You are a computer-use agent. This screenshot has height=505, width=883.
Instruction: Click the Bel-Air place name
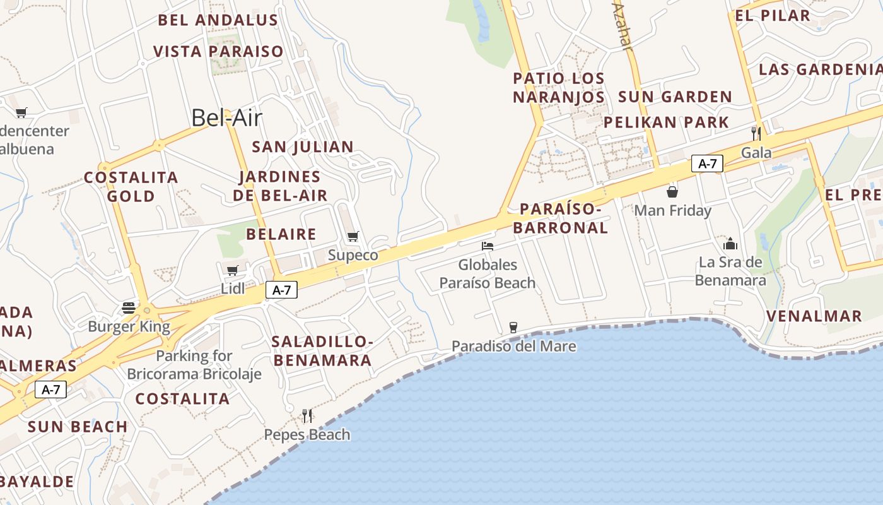click(226, 118)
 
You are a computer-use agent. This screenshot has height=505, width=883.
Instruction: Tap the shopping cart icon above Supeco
click(353, 237)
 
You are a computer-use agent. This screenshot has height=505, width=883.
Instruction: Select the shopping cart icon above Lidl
click(232, 271)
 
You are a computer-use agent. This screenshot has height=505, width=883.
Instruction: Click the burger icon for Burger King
click(129, 308)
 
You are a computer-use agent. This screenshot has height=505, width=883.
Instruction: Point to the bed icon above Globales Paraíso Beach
click(487, 246)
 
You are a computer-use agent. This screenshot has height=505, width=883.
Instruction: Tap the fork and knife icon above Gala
click(756, 133)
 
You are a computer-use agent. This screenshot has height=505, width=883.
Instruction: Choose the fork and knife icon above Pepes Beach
click(307, 415)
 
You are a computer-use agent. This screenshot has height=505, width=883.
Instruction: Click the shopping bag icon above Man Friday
click(672, 191)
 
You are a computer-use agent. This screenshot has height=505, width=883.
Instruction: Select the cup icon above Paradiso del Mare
click(513, 327)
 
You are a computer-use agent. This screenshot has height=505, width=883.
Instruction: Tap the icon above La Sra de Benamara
click(730, 243)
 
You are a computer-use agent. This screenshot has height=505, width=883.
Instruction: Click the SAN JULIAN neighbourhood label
click(303, 147)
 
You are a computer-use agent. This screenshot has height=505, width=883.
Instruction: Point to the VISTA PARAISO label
click(218, 51)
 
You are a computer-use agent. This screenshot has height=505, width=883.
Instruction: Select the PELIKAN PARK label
click(666, 122)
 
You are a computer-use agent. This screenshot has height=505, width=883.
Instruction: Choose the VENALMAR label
click(814, 316)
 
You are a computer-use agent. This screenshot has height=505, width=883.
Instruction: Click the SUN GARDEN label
click(675, 97)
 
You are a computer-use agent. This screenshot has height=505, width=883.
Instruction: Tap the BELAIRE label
click(281, 234)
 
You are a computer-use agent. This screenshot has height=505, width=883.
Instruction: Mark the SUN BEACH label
click(78, 427)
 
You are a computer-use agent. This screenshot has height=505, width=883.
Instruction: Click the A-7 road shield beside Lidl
click(281, 290)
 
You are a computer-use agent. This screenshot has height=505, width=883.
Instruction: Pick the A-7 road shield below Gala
click(707, 163)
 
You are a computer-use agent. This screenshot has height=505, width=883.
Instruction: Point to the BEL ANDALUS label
click(218, 20)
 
